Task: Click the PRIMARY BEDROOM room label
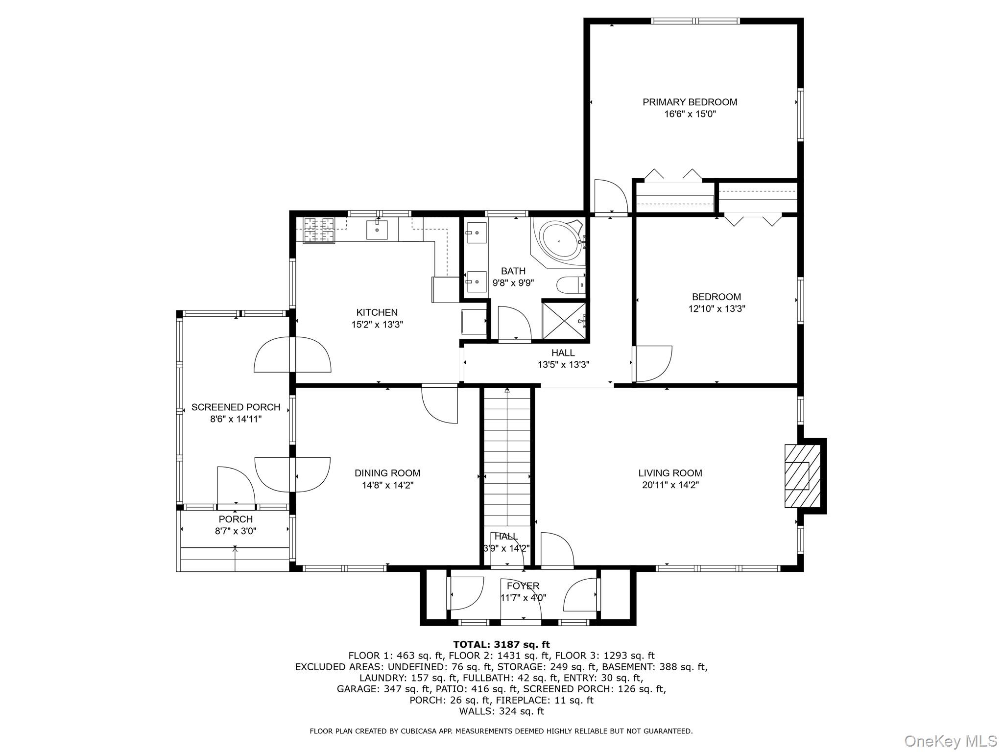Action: [x=690, y=102]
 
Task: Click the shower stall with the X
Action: [x=564, y=320]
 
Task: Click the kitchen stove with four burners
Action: [x=319, y=231]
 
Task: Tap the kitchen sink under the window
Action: [x=377, y=230]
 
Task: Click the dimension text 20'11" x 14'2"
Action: [x=670, y=485]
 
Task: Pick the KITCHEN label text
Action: [x=377, y=312]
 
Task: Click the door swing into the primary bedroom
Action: [x=610, y=197]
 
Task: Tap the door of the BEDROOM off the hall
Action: [x=652, y=363]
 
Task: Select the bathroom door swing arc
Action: [x=514, y=322]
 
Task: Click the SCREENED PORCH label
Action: [x=236, y=407]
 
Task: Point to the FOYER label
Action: [x=523, y=586]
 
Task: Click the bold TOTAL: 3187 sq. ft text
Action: [x=501, y=644]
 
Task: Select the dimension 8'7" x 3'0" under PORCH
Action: [x=236, y=531]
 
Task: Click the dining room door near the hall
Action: [x=440, y=403]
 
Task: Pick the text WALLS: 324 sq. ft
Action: [x=501, y=711]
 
